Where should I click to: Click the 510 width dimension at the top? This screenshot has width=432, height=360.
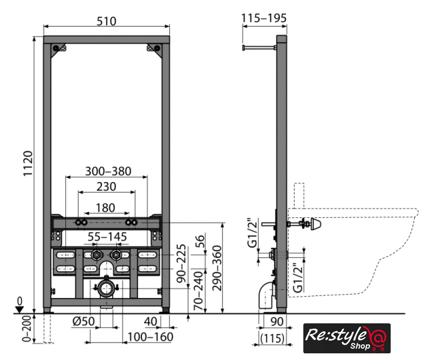coord(107,21)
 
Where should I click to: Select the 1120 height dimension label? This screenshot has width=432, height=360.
coord(28,163)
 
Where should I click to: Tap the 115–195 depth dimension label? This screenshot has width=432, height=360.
coord(264,18)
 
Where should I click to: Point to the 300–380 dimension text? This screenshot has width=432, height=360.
coord(108,171)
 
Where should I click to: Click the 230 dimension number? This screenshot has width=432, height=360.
coord(107,187)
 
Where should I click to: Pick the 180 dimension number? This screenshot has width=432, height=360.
coord(105,208)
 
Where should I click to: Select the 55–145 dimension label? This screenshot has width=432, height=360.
coord(107,237)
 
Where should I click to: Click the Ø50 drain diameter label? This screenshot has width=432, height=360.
coord(83,321)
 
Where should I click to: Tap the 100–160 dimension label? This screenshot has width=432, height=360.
coord(150,337)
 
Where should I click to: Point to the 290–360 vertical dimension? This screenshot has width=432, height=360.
coord(217,268)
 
